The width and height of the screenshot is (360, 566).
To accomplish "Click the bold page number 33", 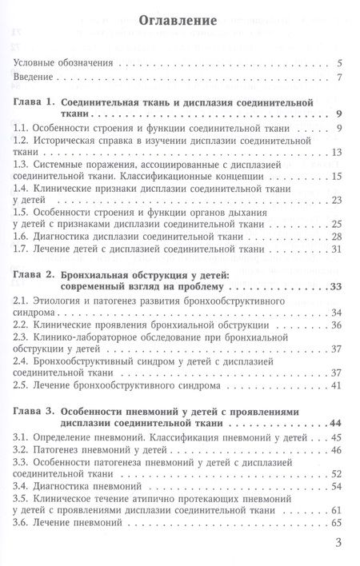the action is click(x=336, y=288).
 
